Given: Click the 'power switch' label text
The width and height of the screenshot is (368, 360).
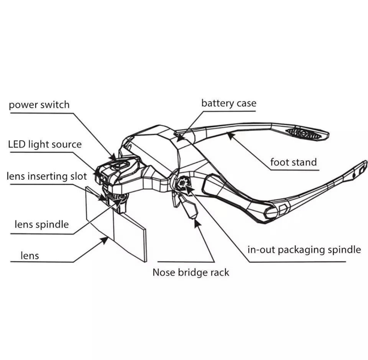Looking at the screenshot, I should tap(39, 105).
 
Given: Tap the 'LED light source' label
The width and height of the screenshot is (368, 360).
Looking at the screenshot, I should tap(45, 144).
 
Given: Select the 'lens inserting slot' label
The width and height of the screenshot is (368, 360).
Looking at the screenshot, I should tap(46, 176).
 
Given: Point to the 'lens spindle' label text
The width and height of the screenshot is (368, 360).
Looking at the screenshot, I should tap(42, 224).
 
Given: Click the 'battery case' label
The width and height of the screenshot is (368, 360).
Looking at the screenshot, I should tap(229, 103).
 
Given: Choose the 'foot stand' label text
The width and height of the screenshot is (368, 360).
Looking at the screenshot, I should tap(293, 162).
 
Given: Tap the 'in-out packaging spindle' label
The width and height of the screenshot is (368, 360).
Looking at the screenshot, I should tap(304, 250).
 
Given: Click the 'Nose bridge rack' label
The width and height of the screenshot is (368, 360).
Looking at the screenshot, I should tap(191, 272).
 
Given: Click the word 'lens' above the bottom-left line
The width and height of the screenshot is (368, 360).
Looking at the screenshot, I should tap(30, 256).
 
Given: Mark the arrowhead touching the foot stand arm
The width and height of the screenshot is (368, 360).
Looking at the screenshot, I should tap(230, 135).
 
